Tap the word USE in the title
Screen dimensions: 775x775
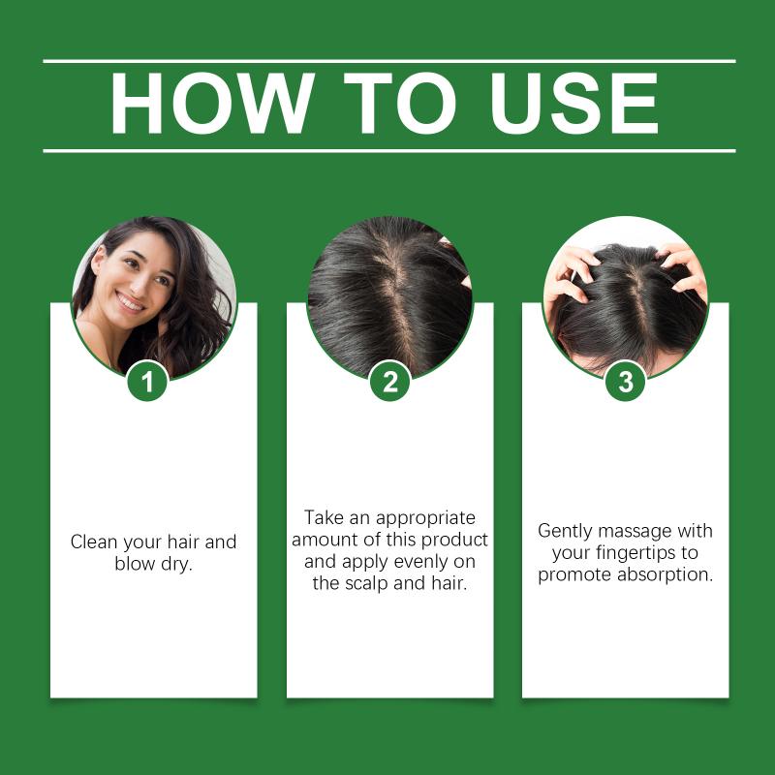573,103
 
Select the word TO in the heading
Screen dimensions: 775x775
399,103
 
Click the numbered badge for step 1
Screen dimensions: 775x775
148,381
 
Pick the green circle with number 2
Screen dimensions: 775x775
390,381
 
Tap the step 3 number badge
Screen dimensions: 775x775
625,381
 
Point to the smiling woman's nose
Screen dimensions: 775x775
137,283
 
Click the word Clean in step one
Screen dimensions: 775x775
94,542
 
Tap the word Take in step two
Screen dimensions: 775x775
325,517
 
